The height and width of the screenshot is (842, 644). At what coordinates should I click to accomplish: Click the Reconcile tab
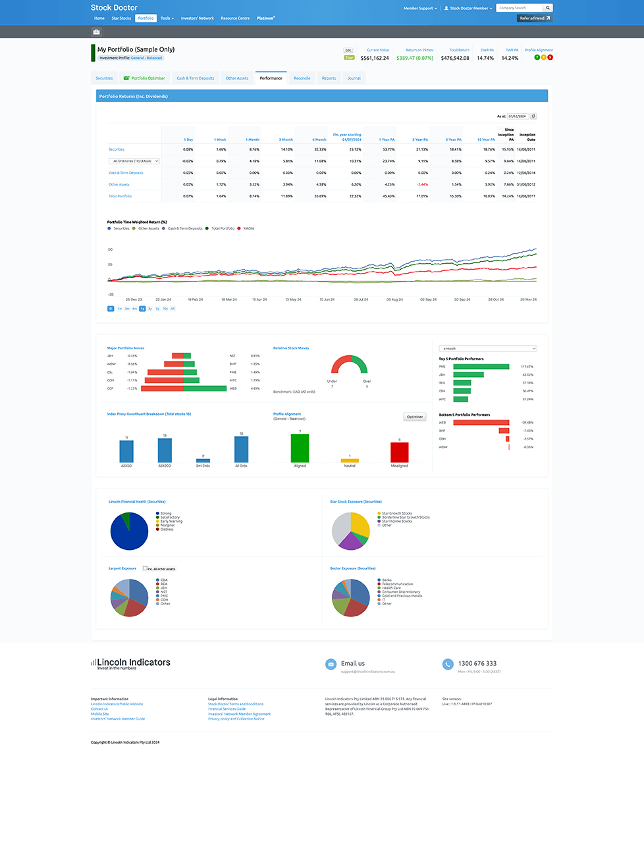(x=302, y=78)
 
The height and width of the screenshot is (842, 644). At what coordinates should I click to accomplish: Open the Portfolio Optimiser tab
(x=144, y=78)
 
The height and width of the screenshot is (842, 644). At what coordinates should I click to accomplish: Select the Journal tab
(x=354, y=78)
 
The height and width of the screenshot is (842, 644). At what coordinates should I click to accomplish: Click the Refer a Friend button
(x=535, y=18)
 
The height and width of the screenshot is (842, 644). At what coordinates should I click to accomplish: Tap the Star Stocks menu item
(x=121, y=18)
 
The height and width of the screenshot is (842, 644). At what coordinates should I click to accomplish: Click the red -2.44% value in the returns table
(x=422, y=185)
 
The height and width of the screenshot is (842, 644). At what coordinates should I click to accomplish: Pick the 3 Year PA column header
(x=420, y=139)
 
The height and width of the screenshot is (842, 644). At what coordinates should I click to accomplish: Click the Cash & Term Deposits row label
(x=126, y=173)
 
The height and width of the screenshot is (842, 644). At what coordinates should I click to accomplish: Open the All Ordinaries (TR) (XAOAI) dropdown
(x=134, y=161)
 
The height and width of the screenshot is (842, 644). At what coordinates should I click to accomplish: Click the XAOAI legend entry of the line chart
(x=248, y=228)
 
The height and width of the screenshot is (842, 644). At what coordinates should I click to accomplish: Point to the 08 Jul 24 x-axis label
(x=361, y=299)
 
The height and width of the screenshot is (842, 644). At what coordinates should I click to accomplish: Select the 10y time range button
(x=165, y=309)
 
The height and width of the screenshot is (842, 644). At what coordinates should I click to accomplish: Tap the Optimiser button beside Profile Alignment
(x=415, y=416)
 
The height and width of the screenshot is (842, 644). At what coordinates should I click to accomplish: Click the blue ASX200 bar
(x=165, y=451)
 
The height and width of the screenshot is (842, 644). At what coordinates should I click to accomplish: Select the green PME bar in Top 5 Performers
(x=481, y=366)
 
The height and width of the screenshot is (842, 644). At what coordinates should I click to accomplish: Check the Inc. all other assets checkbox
(x=145, y=568)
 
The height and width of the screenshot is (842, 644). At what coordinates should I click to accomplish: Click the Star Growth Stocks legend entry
(x=396, y=513)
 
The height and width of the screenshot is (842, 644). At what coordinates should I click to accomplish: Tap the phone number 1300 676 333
(x=477, y=663)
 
